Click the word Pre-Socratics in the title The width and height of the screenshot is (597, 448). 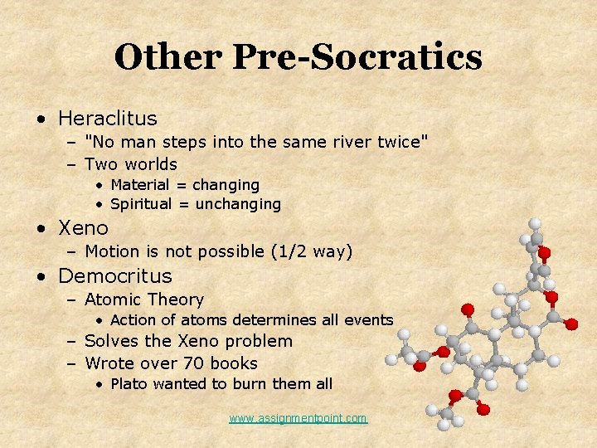pos(357,57)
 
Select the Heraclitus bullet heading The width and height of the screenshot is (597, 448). pos(107,119)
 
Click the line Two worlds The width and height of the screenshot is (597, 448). pos(131,163)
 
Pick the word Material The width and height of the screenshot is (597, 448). pos(139,184)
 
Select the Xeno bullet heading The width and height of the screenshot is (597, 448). pos(83,227)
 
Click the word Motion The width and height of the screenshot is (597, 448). pos(113,251)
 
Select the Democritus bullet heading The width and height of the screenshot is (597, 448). pos(114,275)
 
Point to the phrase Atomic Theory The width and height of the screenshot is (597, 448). pos(144,299)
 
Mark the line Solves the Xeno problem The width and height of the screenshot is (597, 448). pos(189,341)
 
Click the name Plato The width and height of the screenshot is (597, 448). pos(129,383)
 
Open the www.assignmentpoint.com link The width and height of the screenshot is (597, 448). pos(298,418)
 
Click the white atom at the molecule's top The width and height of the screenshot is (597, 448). pos(536,223)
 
